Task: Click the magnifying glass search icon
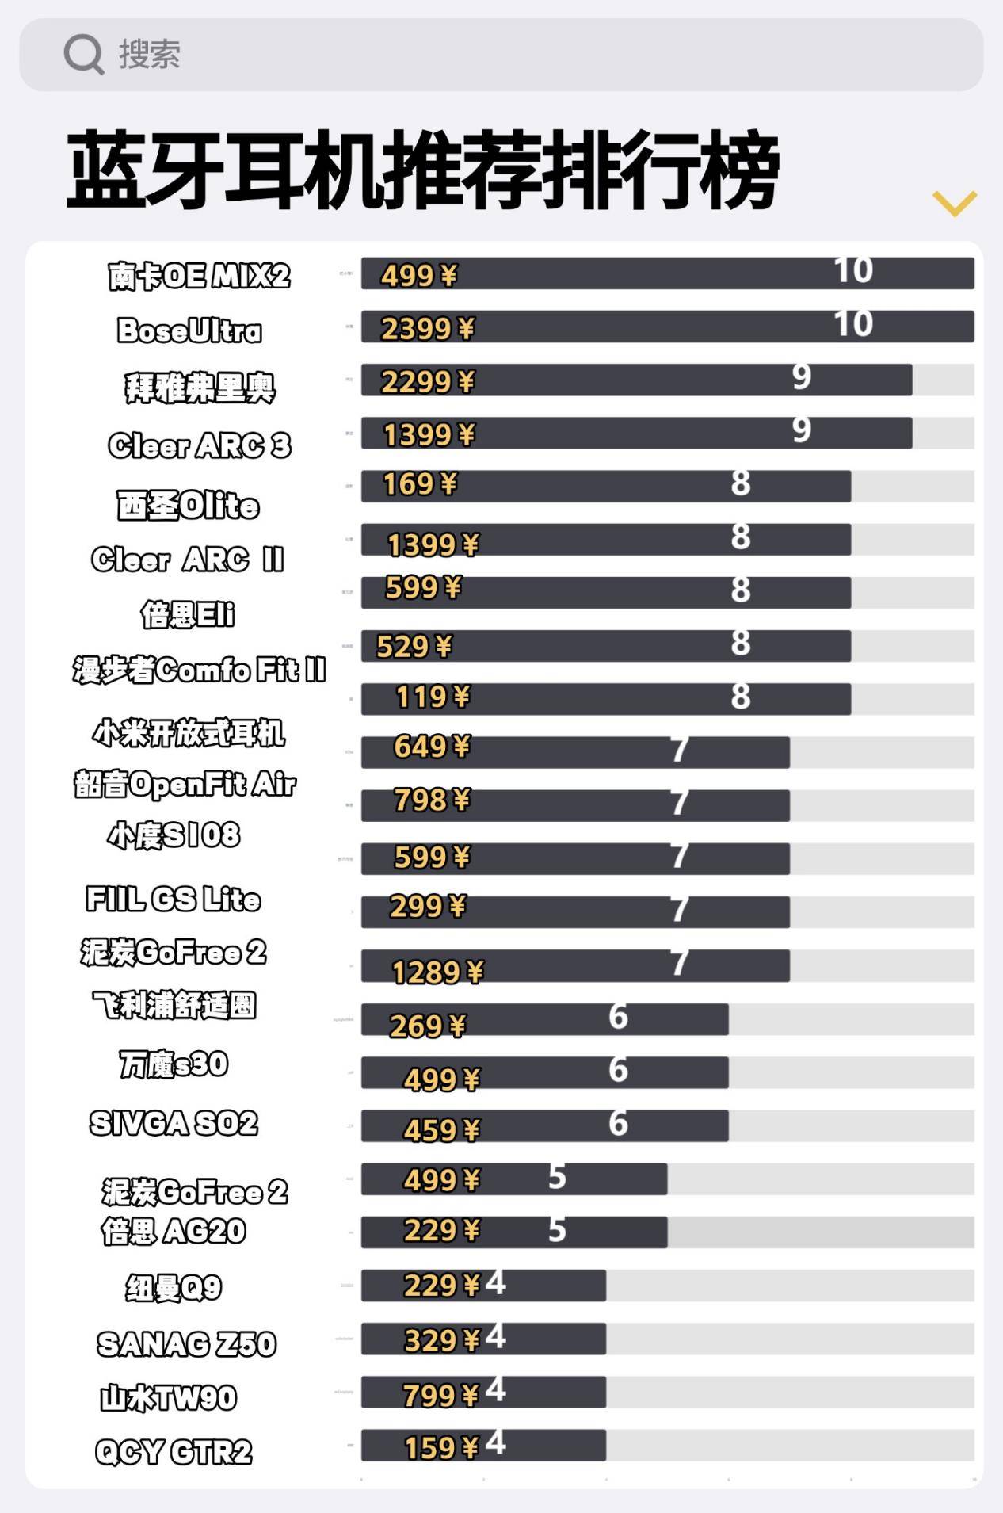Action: tap(83, 54)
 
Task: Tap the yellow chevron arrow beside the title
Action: tap(954, 203)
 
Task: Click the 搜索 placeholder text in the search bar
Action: tap(150, 54)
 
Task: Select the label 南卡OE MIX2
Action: tap(199, 277)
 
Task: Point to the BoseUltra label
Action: tap(189, 330)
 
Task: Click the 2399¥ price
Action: tap(428, 329)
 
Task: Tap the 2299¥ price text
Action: tap(428, 382)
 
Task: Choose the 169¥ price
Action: tap(420, 483)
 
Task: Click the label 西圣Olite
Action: tap(188, 505)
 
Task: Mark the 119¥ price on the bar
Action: tap(433, 697)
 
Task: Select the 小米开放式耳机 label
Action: tap(189, 733)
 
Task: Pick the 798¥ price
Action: tap(433, 800)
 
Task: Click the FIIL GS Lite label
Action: tap(174, 900)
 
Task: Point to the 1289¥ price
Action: tap(437, 972)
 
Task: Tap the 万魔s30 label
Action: tap(174, 1064)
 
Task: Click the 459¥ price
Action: tap(441, 1130)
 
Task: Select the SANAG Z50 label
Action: tap(186, 1344)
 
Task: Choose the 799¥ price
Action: tap(441, 1395)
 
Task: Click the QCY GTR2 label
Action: tap(174, 1452)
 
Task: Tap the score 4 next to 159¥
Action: tap(495, 1443)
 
